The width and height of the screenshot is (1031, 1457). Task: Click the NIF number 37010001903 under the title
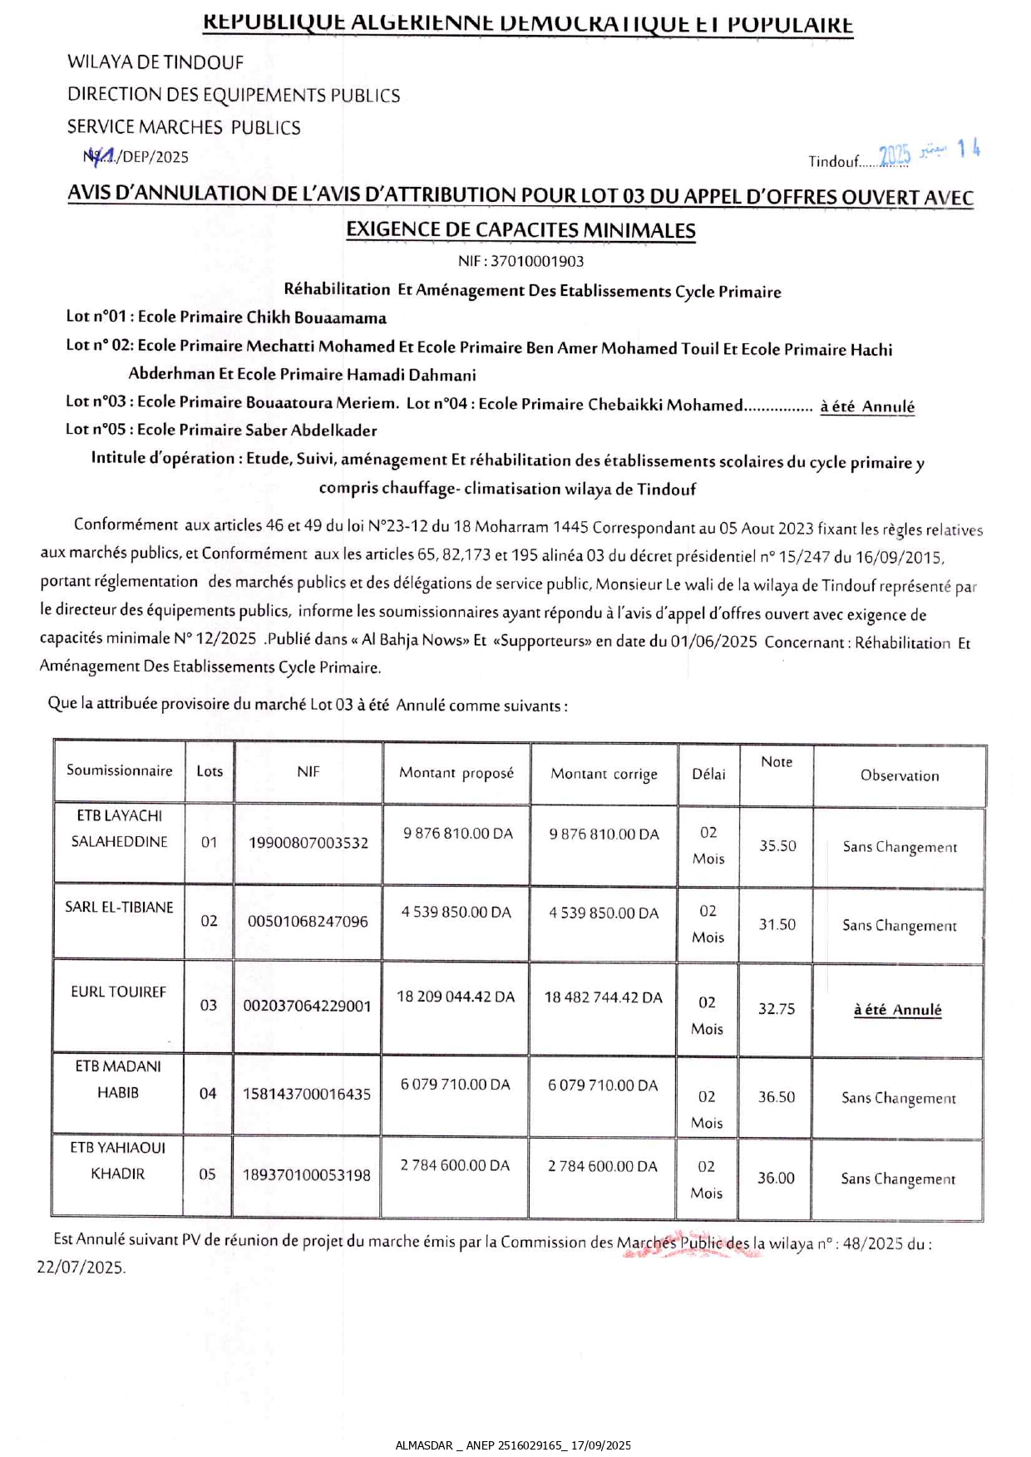pos(536,261)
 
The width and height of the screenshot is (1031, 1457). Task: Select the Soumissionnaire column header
pos(120,770)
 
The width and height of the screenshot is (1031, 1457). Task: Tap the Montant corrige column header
pos(604,774)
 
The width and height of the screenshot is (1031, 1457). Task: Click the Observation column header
pos(900,775)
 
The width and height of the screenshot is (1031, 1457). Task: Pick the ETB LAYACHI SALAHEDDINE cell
pos(119,829)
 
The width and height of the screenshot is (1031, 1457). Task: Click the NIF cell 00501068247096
pos(308,921)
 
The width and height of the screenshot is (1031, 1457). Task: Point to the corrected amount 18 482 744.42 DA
pos(604,997)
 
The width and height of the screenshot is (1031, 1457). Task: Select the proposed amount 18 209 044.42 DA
pos(456,997)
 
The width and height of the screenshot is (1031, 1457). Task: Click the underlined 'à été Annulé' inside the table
pos(897,1010)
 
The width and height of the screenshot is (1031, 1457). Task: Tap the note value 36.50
pos(776,1097)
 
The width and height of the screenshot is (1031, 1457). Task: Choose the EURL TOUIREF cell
pos(119,992)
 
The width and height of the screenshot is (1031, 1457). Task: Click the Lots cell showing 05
pos(207,1174)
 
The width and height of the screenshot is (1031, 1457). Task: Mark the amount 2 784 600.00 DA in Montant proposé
pos(455,1165)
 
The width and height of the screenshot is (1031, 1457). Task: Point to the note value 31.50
pos(777,924)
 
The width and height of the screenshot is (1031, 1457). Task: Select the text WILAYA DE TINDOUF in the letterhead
pos(155,62)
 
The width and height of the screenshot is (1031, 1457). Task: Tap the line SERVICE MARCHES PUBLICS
pos(184,127)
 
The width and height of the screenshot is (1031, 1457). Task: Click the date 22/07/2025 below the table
pos(81,1267)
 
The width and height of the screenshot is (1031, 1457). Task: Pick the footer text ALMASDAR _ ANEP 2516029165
pos(480,1445)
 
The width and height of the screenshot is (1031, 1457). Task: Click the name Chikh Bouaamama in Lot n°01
pos(316,317)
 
